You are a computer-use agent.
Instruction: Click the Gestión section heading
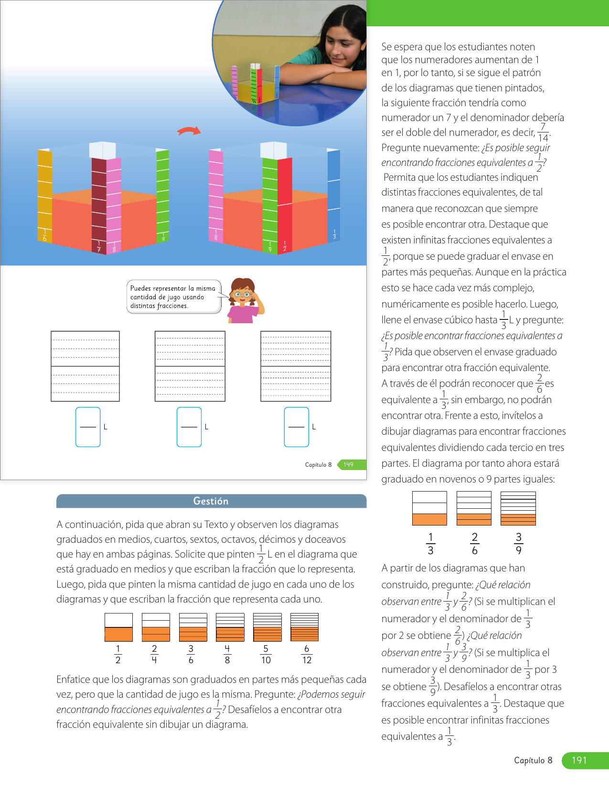211,501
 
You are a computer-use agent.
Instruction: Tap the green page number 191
579,760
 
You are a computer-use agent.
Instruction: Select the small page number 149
349,464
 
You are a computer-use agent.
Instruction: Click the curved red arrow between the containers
189,131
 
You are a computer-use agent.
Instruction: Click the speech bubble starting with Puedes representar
174,297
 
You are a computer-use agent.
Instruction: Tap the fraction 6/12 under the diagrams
307,654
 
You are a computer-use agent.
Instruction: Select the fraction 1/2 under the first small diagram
118,654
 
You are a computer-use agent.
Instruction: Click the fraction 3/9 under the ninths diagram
519,544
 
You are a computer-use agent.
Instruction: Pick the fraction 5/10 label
266,654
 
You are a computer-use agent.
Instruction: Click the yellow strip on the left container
45,196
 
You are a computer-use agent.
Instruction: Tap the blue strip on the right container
333,196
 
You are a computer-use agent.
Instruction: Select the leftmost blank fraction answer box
88,427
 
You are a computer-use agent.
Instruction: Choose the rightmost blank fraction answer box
296,427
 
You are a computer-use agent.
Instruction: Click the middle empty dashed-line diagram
190,366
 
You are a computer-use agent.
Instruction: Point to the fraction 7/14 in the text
543,132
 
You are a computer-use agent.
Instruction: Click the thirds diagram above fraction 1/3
429,508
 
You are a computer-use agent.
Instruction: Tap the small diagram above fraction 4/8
230,627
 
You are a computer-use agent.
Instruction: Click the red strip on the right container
285,201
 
